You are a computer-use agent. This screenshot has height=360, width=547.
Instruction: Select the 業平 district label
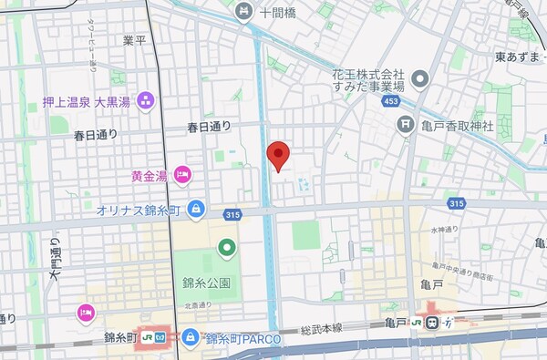pos(135,41)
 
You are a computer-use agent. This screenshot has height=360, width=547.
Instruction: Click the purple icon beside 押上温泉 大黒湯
pos(147,100)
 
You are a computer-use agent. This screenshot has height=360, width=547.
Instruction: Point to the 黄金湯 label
pos(150,174)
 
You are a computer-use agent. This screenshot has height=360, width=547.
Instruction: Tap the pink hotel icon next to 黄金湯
pos(182,173)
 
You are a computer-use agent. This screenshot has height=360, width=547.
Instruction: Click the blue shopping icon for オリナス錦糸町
pos(196,210)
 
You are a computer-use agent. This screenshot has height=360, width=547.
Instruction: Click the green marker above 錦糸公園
pos(226,247)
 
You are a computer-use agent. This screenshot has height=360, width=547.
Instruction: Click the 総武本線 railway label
pos(324,327)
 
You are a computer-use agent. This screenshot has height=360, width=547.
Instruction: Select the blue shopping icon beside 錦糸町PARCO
pos(190,338)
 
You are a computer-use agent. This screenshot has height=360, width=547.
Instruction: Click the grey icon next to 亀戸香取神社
pos(405,125)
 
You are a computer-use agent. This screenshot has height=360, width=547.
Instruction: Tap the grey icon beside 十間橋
pos(243,12)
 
